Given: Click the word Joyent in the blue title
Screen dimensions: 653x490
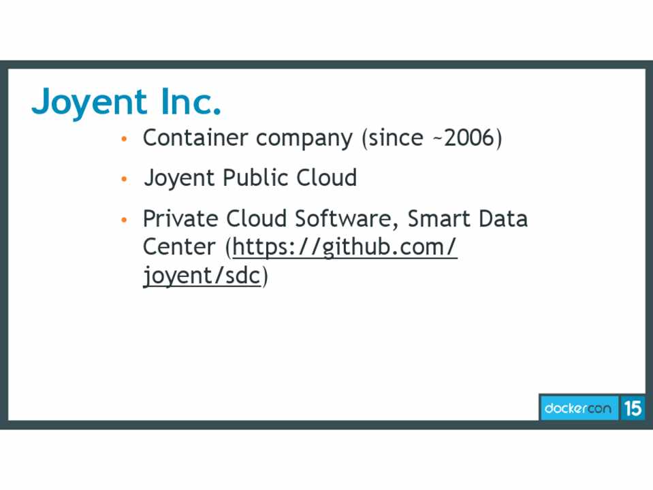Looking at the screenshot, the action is (x=89, y=102).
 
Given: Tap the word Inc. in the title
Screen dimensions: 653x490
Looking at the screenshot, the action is (x=191, y=101).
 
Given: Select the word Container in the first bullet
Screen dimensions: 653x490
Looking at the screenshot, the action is (x=195, y=137).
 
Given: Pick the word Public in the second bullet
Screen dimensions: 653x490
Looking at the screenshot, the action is (x=256, y=178).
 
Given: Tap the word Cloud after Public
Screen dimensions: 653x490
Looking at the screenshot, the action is (x=327, y=178).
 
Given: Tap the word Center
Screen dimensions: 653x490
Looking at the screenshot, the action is (x=179, y=247).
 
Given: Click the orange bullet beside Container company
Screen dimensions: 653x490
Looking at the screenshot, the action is (x=124, y=139).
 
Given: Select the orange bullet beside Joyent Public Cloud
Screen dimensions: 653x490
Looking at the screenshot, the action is (x=124, y=179).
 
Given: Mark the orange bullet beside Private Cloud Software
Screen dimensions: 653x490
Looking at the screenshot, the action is (x=124, y=219).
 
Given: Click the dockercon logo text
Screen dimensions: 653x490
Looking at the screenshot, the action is (x=578, y=408).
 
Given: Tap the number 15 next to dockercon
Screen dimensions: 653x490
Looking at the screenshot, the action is (x=633, y=408).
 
